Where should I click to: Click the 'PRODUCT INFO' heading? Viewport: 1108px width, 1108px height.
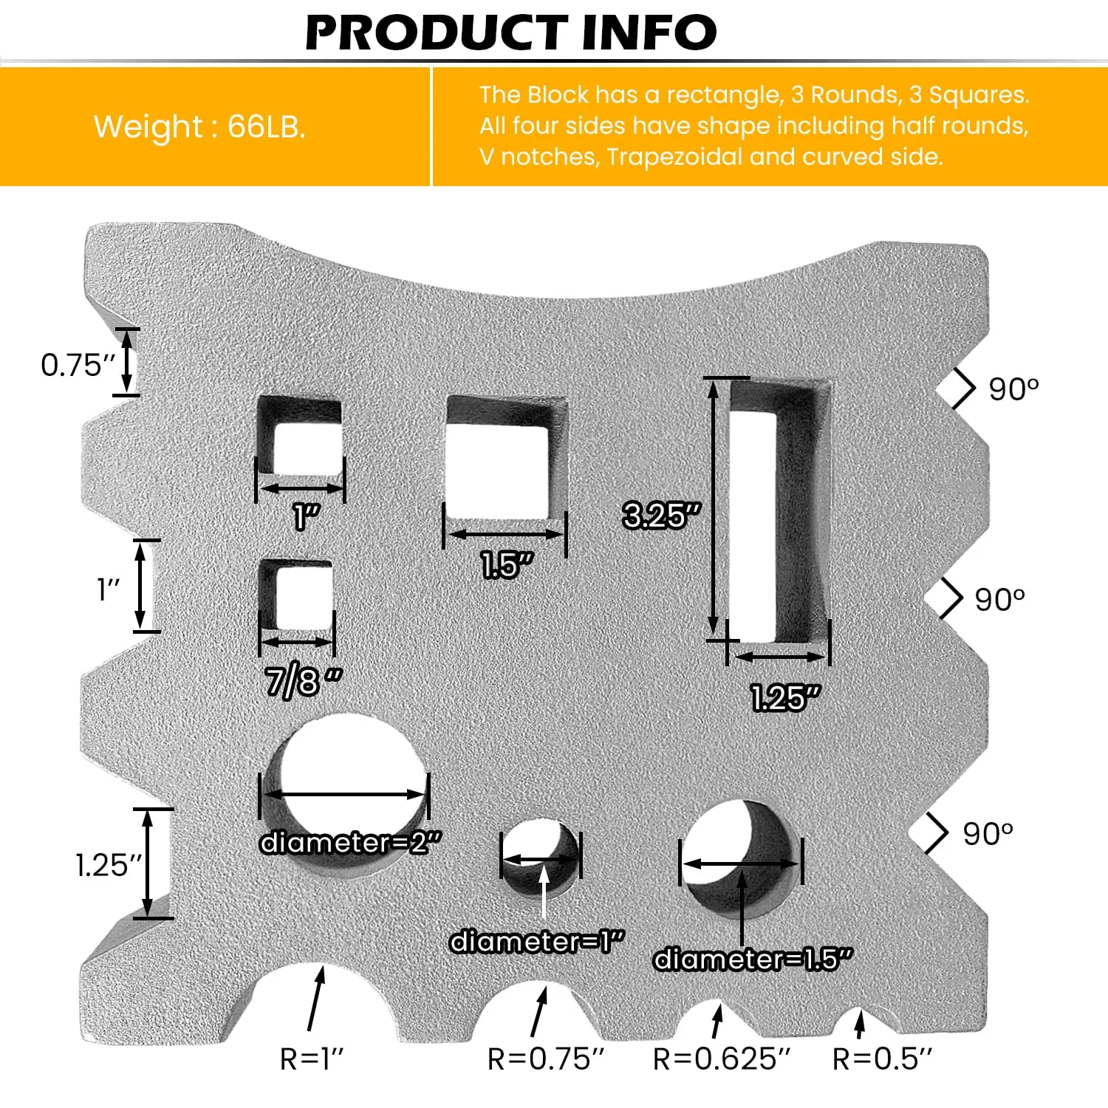[x=510, y=33]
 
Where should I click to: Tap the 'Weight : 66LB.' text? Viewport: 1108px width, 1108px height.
[x=199, y=126]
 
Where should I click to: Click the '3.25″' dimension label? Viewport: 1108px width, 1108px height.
[x=660, y=515]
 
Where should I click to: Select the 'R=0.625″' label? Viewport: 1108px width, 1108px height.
[x=721, y=1059]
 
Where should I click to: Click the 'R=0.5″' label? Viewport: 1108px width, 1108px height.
[x=882, y=1059]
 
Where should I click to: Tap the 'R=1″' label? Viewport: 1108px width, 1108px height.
[x=312, y=1059]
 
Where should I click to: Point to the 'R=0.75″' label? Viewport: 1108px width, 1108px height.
[x=545, y=1059]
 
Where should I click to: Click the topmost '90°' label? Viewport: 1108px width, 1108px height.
[x=1013, y=389]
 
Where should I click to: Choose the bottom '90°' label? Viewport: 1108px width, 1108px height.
[x=988, y=833]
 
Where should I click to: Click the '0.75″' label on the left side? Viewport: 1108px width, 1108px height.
[x=78, y=365]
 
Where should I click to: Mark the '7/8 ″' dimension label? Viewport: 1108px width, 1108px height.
[x=304, y=681]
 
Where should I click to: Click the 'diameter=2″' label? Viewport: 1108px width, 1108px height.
[x=350, y=842]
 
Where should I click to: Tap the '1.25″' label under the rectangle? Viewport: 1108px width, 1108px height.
[x=785, y=697]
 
